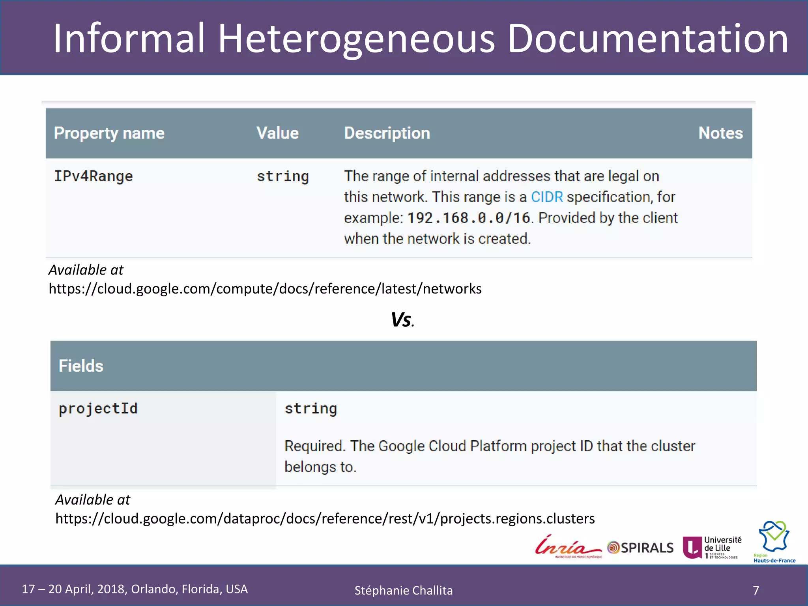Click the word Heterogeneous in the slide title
pos(356,39)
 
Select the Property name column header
pos(109,133)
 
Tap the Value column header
pos(278,133)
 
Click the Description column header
pos(387,133)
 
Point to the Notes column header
pos(720,133)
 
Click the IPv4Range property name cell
pos(94,176)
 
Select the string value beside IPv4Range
pos(283,176)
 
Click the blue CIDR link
pos(547,197)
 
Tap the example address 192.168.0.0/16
pos(469,218)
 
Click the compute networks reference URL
pos(265,289)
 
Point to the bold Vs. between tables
pos(402,320)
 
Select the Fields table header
pos(81,366)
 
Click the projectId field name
pos(98,409)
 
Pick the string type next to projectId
pos(311,409)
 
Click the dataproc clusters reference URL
pos(325,518)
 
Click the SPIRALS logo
pos(641,548)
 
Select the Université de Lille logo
pos(713,547)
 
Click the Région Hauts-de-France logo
pos(774,541)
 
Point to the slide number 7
pos(756,590)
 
